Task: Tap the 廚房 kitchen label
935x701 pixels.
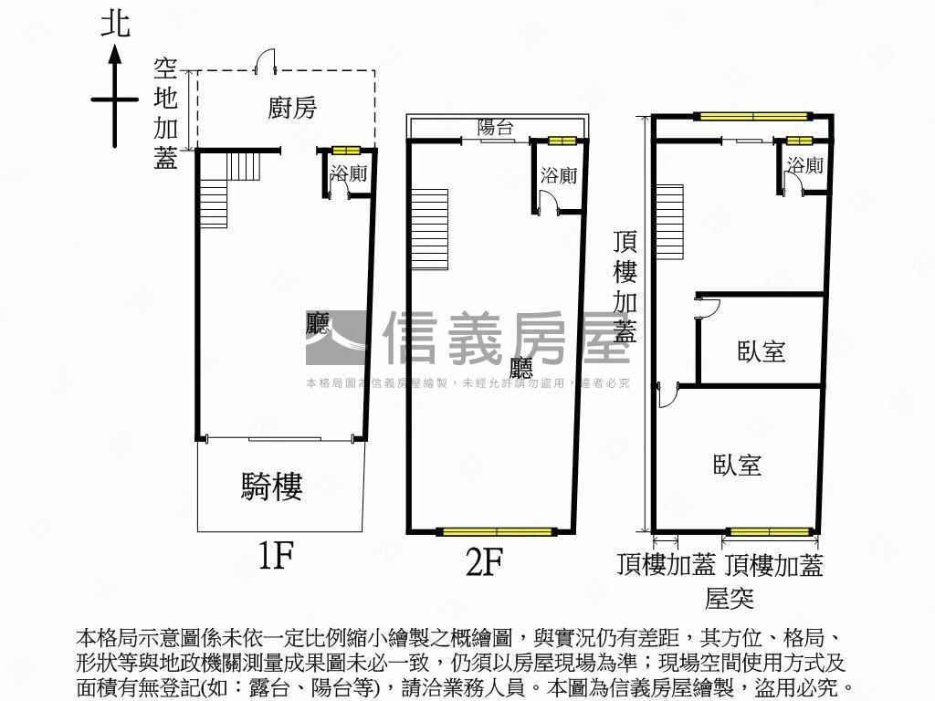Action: [292, 108]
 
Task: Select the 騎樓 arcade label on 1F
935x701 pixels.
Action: [271, 487]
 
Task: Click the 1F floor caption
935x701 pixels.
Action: [274, 555]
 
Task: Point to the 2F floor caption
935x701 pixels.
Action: [485, 563]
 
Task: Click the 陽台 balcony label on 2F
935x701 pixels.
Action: [496, 128]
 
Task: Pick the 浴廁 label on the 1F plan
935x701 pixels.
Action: [348, 173]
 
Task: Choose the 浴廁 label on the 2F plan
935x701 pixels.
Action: [558, 175]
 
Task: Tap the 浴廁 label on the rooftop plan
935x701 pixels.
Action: [804, 165]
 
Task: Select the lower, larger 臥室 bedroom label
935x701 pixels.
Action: [737, 466]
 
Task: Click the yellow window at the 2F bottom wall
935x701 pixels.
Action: [497, 531]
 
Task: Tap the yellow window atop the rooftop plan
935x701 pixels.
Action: [752, 116]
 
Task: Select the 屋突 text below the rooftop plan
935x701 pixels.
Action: [729, 598]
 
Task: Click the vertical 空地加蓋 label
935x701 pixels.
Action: [165, 114]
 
